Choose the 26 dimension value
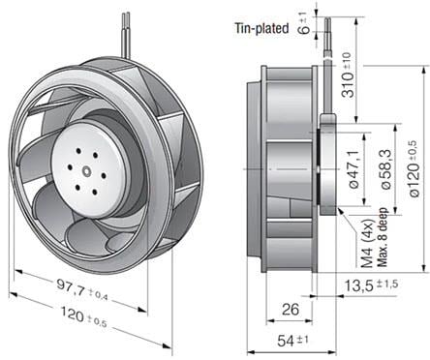[x=290, y=309]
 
